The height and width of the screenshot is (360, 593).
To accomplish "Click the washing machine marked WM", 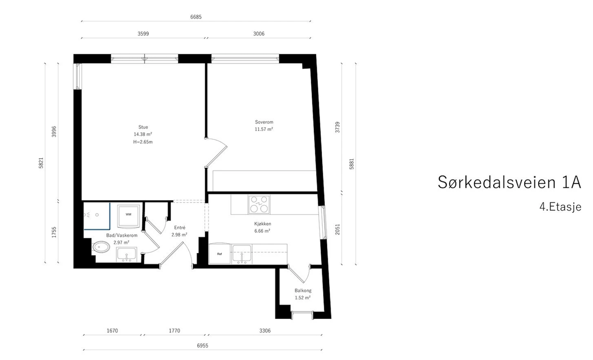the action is (128, 216).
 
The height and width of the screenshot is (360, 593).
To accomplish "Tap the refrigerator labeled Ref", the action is (219, 254).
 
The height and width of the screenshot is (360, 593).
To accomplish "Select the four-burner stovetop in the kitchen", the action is (258, 204).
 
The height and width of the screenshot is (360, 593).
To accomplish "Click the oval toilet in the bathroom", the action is (101, 247).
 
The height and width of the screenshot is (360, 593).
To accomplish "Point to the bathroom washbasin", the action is (127, 255).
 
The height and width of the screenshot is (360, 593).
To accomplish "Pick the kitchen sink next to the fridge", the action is (242, 254).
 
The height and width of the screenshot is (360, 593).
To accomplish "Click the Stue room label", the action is (143, 127).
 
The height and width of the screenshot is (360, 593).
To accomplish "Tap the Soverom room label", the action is (264, 122).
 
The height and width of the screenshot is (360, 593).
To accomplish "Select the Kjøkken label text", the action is (262, 224).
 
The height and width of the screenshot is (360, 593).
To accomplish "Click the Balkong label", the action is (303, 290).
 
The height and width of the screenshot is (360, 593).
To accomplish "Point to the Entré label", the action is (180, 227).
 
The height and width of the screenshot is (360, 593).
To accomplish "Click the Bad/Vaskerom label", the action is (122, 235).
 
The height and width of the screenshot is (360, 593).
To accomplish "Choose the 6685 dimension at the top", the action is (196, 17).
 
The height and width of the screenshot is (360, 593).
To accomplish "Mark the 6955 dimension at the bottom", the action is (203, 346).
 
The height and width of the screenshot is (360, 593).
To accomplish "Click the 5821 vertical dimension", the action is (41, 163).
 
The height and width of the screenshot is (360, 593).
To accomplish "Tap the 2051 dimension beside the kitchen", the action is (337, 229).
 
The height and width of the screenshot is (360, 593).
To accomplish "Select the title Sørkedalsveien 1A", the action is (509, 182).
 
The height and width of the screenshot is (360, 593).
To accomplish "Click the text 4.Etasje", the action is (560, 207).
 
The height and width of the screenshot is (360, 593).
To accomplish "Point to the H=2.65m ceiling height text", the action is (143, 142).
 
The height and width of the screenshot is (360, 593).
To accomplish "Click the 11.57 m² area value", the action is (264, 129).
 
